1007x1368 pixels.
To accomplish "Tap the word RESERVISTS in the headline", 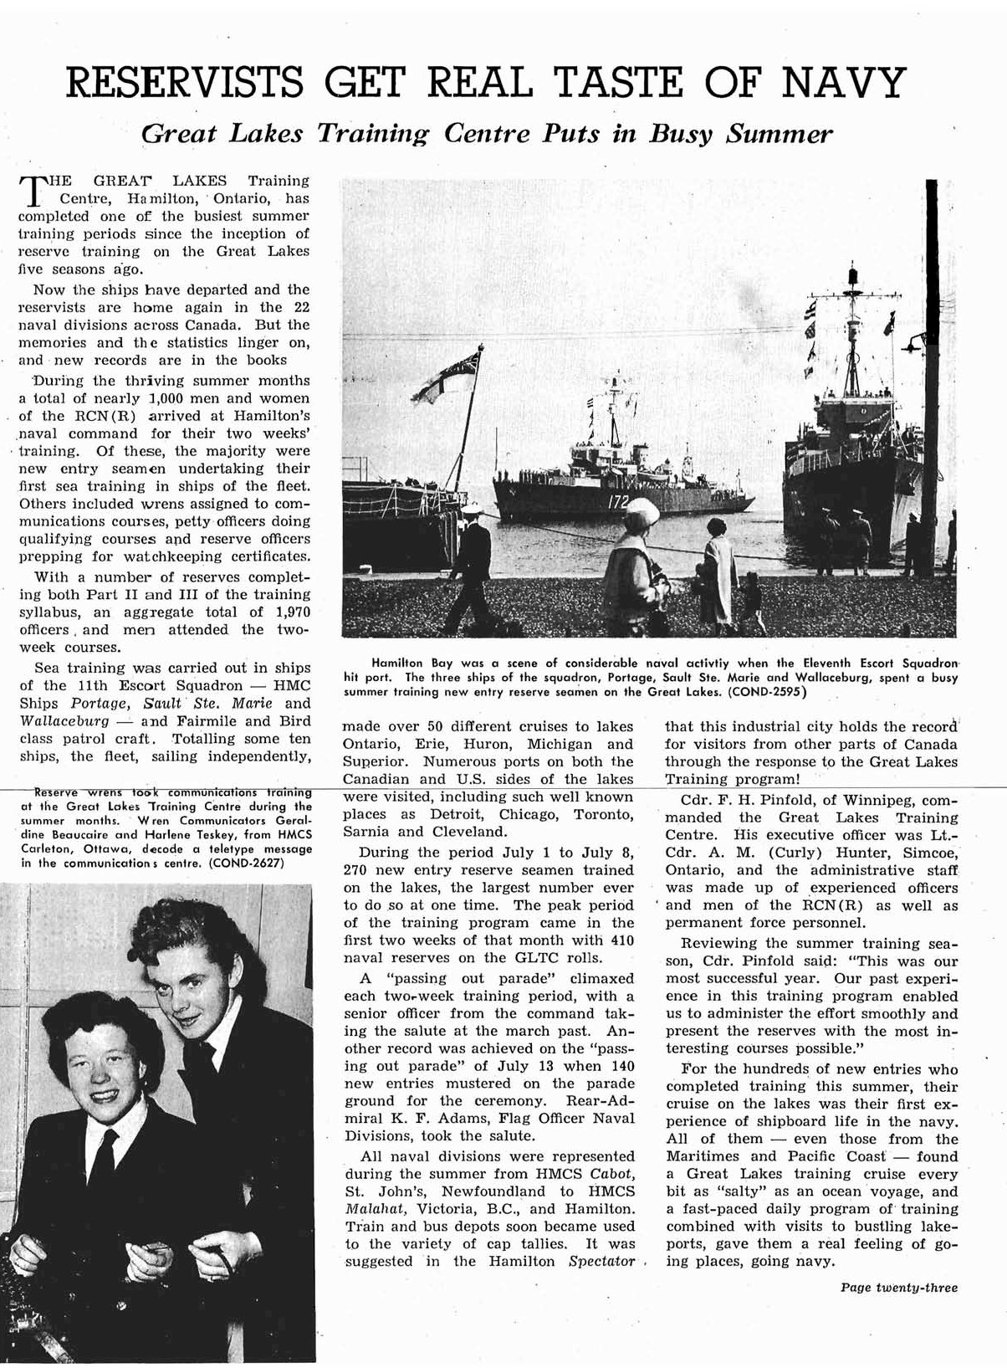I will click(x=184, y=83).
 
